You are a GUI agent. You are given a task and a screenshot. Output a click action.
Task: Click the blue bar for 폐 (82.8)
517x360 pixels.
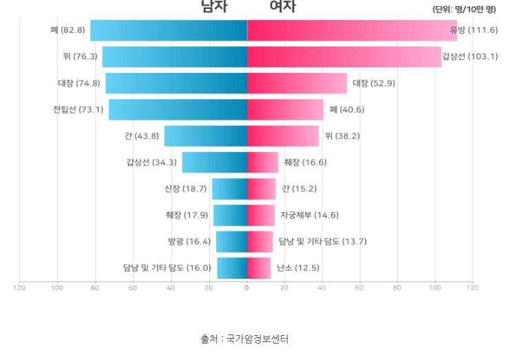pos(169,31)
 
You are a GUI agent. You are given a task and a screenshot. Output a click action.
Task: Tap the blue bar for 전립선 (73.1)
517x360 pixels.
pos(178,109)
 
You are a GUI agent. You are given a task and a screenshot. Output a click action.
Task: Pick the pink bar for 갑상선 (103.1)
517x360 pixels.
pos(344,57)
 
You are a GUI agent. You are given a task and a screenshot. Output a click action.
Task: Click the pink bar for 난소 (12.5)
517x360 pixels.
pos(259,268)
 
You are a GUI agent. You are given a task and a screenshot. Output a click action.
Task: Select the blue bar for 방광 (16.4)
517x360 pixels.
pos(231,242)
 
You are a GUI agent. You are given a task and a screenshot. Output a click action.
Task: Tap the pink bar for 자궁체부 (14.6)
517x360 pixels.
pos(260,215)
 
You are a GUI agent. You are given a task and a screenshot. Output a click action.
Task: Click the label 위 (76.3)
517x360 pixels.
pos(80,57)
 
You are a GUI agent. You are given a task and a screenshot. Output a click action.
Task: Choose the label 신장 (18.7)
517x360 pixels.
pos(186,189)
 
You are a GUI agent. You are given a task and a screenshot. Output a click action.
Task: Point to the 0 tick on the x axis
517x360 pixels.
pos(246,287)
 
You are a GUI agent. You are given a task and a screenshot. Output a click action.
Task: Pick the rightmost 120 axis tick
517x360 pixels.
pos(472,287)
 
